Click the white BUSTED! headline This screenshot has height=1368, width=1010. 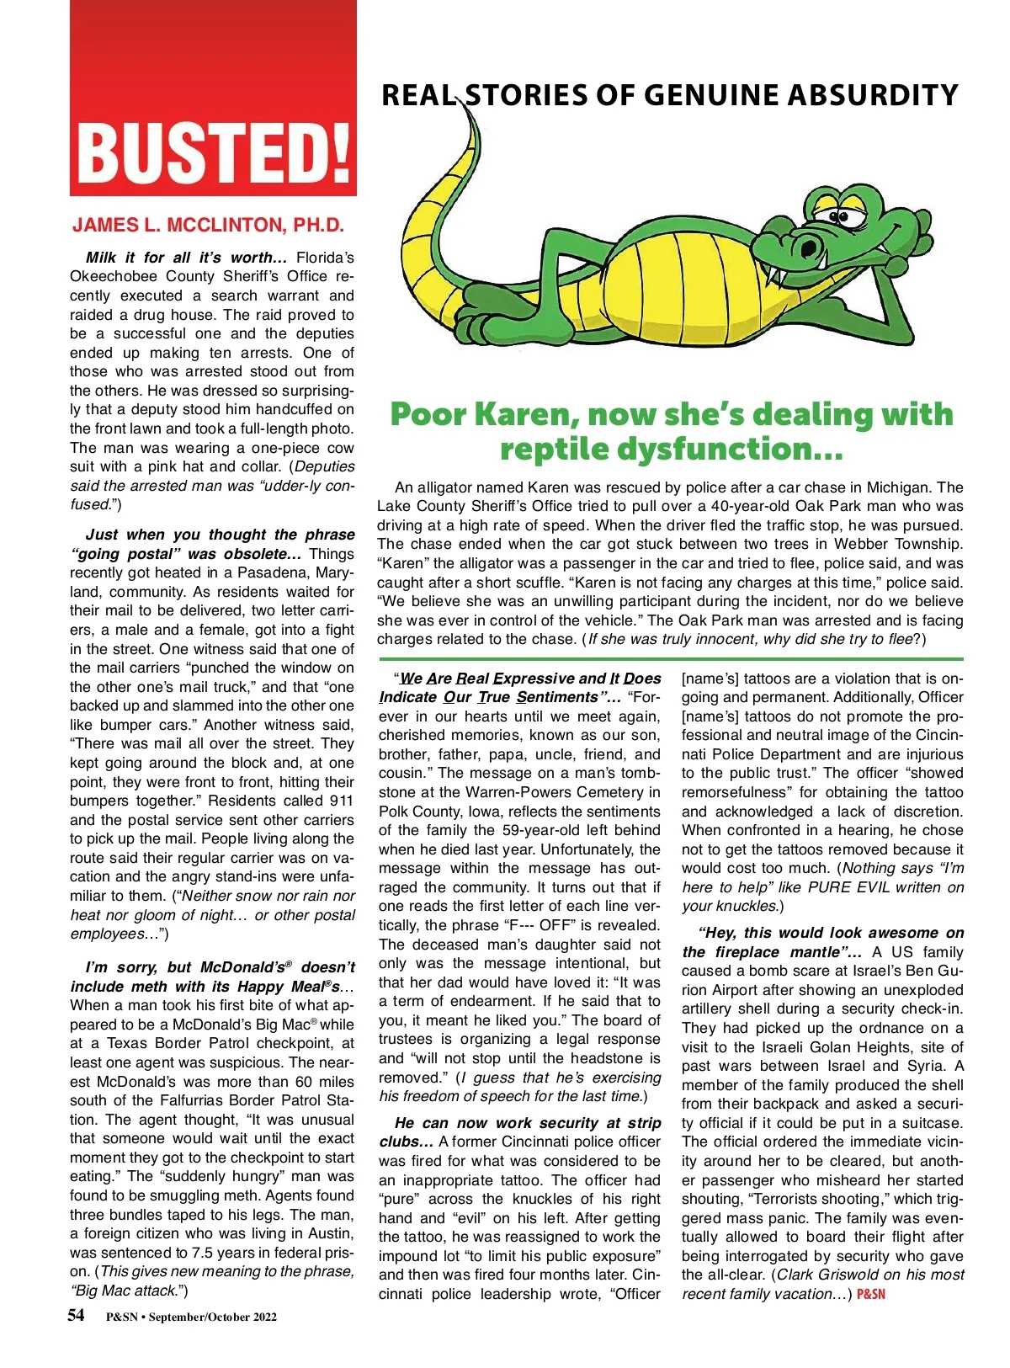point(213,152)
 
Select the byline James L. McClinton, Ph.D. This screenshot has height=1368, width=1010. point(209,226)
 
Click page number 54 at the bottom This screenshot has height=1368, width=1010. point(76,1316)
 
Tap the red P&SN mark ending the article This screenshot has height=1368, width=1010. point(871,1294)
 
